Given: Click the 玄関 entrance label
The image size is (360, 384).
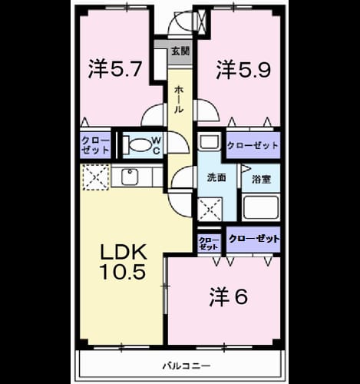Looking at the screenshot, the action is pos(180,51).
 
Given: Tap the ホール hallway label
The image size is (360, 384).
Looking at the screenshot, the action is pos(179,100).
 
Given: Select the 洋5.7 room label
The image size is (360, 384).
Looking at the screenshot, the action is pos(114,69).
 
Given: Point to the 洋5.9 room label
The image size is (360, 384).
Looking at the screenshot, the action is pos(243,69).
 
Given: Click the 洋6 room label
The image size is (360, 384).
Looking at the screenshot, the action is pos(229,297).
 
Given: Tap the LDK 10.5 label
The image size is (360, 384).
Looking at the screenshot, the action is pos(124,262).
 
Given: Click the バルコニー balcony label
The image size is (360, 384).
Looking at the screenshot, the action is pos(187,366).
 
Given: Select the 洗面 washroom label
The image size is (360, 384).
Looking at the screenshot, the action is pos(216,177).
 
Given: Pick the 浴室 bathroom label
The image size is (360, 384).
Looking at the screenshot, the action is pos(261,179).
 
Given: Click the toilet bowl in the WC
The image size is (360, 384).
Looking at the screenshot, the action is pos(140,145).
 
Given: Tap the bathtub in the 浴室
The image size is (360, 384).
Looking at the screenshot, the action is pos(260,207).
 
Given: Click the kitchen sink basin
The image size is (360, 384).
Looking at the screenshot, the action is pos(130,177).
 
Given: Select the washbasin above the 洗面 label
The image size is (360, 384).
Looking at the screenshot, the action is pos(210,141).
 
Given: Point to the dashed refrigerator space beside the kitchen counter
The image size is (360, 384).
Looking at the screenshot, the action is pos(96,177).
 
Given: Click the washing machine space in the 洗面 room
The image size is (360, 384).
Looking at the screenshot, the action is pos(210,209).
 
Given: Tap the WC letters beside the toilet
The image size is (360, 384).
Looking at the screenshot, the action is pos(157,145).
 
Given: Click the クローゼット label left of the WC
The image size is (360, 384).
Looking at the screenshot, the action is pos(95,145).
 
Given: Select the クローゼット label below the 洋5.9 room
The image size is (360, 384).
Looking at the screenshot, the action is pos(253,146).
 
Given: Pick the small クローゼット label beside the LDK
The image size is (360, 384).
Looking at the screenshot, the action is pos(209,243).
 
